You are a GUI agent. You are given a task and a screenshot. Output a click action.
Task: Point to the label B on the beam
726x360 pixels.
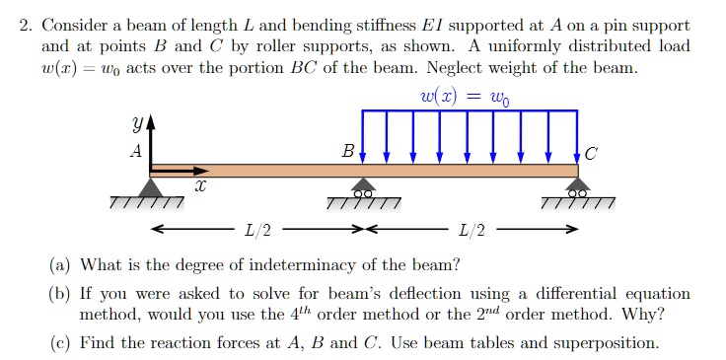[347, 153]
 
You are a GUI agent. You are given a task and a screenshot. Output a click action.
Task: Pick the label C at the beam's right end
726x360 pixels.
[591, 154]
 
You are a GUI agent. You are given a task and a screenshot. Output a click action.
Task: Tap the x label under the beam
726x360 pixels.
[201, 185]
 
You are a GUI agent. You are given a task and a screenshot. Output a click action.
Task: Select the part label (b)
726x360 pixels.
[60, 294]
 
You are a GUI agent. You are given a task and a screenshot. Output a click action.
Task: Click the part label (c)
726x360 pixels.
[60, 343]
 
